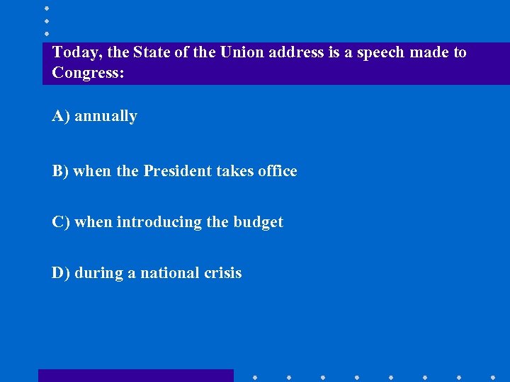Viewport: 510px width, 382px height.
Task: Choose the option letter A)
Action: pos(61,116)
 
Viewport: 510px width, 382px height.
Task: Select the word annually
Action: pos(106,116)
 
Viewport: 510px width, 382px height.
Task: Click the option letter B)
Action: pos(61,171)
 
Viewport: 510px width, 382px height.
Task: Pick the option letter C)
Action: pos(61,222)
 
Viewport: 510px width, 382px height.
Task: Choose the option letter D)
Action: pos(61,273)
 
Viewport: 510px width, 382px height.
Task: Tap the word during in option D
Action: pos(98,273)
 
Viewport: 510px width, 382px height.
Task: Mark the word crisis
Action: pos(224,273)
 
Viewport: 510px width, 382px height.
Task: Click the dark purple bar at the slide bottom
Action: pos(135,376)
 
